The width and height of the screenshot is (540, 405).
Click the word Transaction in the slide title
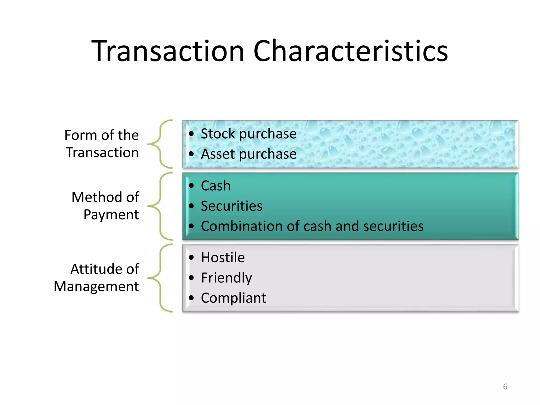click(168, 51)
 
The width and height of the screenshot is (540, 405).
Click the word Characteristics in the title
click(350, 51)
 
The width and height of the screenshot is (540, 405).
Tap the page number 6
click(505, 387)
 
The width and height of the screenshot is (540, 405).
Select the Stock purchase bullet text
click(248, 134)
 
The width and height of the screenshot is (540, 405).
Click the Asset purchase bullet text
click(248, 154)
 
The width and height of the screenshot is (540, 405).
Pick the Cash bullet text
click(216, 186)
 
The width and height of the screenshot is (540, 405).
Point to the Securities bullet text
click(232, 206)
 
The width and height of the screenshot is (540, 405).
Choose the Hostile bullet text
click(223, 258)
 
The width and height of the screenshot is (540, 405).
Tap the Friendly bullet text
click(226, 278)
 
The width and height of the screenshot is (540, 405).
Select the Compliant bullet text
click(233, 298)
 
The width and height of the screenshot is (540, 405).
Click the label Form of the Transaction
click(102, 144)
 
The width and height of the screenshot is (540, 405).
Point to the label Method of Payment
click(105, 206)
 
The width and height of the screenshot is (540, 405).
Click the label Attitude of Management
click(97, 278)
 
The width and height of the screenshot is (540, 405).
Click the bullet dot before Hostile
click(191, 257)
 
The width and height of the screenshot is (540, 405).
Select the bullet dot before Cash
click(191, 186)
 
